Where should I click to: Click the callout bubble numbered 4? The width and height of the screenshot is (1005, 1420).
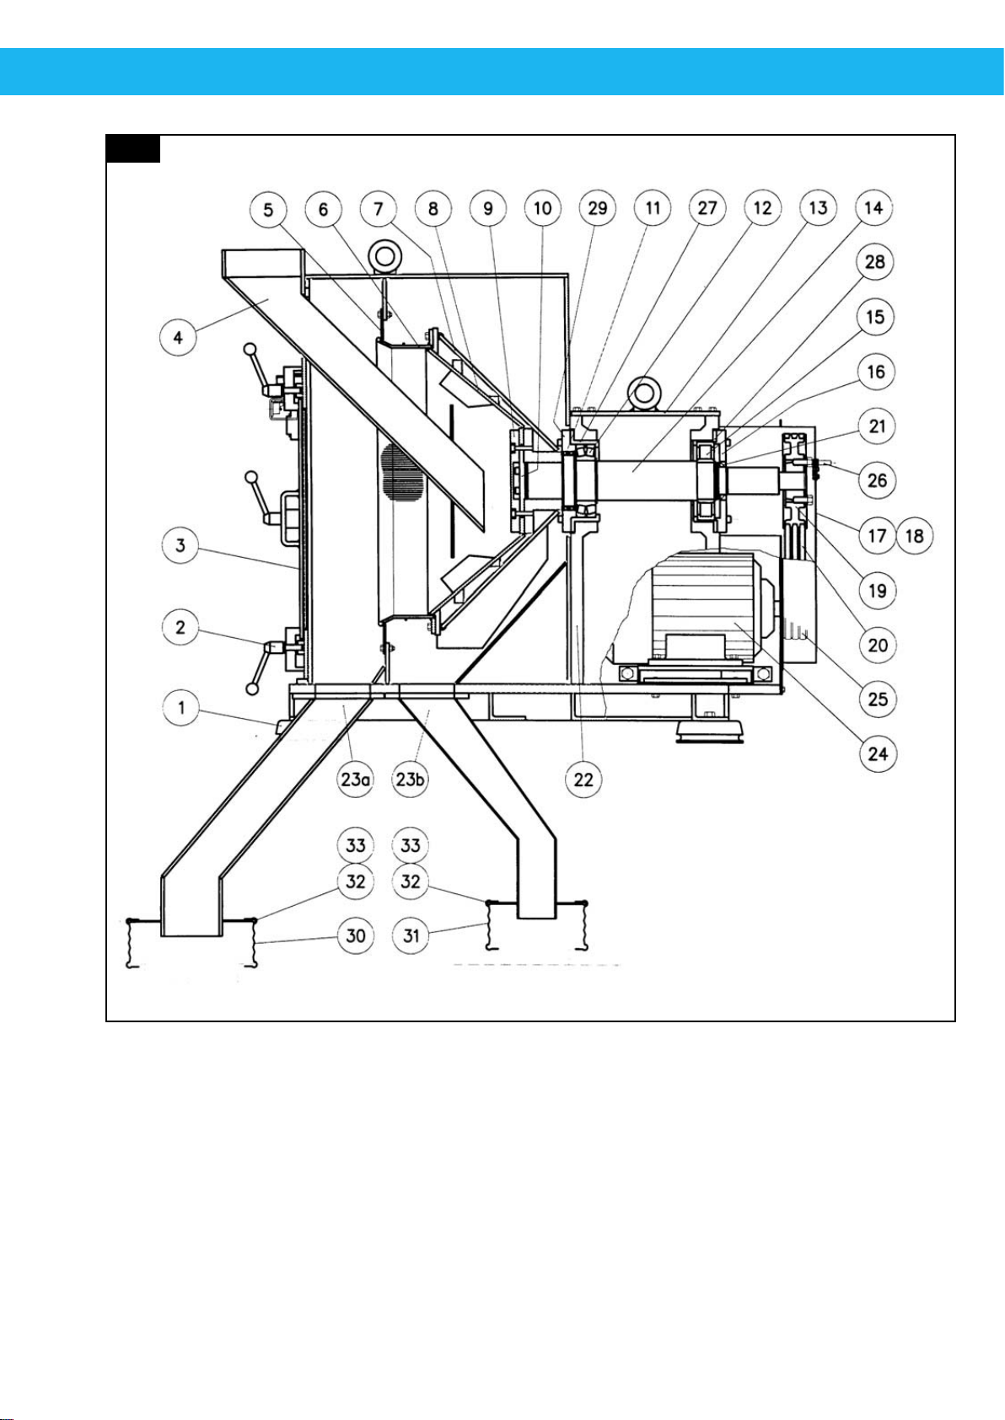tap(178, 337)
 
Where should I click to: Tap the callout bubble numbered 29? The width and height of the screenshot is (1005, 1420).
tap(598, 207)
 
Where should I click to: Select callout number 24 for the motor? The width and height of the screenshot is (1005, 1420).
tap(878, 753)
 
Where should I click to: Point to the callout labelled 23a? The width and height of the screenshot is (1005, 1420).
tap(355, 779)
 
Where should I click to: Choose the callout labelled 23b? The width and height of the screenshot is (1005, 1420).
tap(411, 779)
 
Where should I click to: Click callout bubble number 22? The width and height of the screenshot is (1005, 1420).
tap(583, 779)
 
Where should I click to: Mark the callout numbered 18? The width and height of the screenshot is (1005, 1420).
tap(915, 536)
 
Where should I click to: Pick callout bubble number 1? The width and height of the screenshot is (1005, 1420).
tap(181, 707)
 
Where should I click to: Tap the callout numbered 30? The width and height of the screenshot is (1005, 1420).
tap(356, 935)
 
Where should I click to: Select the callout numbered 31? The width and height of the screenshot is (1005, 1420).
tap(411, 935)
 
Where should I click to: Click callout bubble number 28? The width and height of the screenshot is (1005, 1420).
tap(875, 261)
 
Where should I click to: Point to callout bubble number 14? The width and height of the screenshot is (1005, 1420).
tap(873, 207)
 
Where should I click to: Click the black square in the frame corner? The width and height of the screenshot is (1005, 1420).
tap(132, 148)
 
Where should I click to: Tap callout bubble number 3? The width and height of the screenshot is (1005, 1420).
tap(180, 545)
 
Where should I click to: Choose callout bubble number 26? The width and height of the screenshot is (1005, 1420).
tap(878, 480)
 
